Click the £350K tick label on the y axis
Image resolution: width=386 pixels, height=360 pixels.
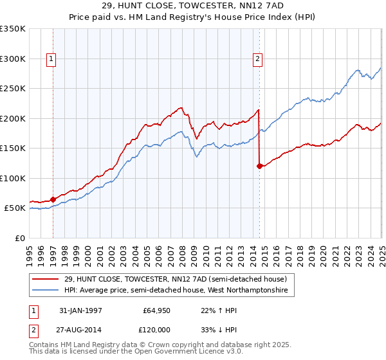click(13, 29)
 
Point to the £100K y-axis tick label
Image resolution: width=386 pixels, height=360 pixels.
click(13, 178)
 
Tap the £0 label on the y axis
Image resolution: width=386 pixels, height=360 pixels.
click(19, 238)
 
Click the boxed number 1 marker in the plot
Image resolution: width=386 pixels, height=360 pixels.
click(51, 60)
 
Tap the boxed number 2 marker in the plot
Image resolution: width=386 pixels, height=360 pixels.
click(257, 60)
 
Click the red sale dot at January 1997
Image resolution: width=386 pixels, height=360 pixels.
click(53, 199)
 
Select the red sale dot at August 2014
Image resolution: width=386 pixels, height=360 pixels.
click(259, 166)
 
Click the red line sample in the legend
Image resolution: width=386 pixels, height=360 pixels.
click(44, 279)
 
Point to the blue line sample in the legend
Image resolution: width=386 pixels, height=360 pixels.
click(44, 291)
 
